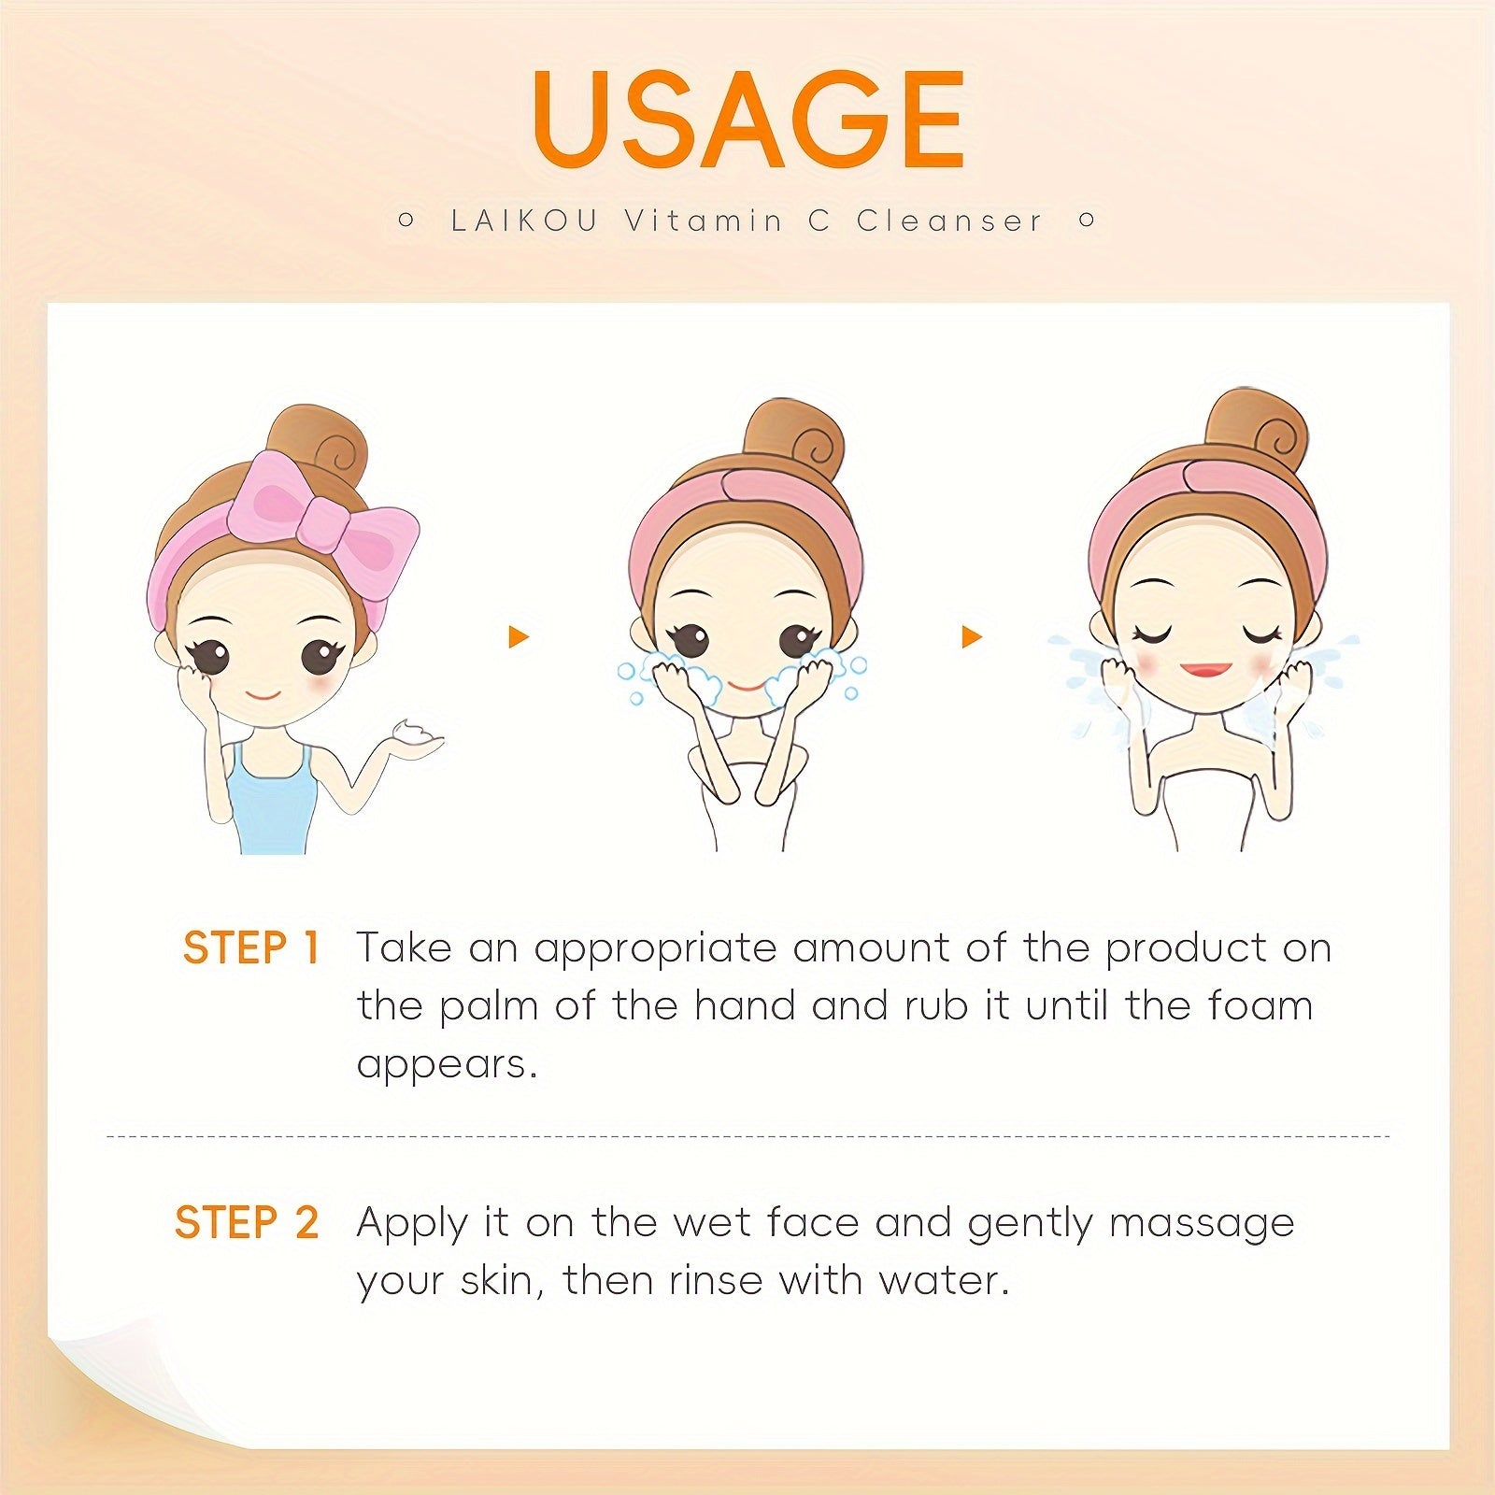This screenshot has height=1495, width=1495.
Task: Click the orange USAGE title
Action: click(748, 119)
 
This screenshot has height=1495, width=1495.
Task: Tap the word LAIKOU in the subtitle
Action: click(523, 221)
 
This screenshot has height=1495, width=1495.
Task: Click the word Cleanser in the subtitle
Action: click(948, 221)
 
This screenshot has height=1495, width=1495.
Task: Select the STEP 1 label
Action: click(251, 947)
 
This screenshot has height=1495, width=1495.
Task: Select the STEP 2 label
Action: click(247, 1222)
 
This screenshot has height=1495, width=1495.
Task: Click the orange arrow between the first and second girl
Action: click(519, 637)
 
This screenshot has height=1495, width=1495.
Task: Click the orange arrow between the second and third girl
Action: click(972, 637)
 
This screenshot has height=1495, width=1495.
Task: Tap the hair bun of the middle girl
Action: click(795, 440)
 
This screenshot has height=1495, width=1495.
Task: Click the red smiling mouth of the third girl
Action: click(1205, 670)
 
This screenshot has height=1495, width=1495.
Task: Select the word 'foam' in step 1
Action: click(1260, 1005)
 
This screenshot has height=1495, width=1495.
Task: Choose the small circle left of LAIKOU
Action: click(406, 221)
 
